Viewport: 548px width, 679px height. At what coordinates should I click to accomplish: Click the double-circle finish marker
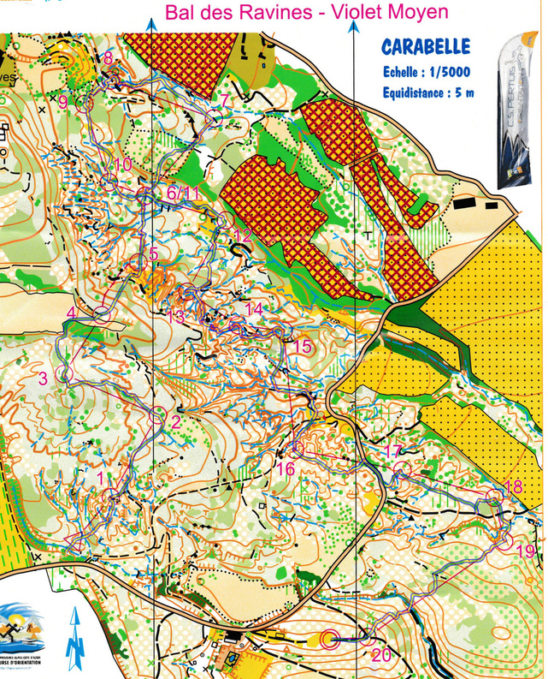click(x=332, y=637)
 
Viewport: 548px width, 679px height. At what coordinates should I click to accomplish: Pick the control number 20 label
click(x=381, y=655)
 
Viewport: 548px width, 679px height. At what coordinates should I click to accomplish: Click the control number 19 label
click(x=525, y=551)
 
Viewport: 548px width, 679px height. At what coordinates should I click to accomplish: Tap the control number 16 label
click(x=286, y=469)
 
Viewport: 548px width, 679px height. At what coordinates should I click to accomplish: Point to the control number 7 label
click(x=225, y=101)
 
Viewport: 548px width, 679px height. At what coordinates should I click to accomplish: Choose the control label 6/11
click(x=183, y=194)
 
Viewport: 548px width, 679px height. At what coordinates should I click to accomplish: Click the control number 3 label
click(x=42, y=378)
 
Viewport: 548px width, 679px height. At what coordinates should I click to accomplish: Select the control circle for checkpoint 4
click(x=102, y=313)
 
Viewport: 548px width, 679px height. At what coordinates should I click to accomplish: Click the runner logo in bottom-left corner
click(x=21, y=634)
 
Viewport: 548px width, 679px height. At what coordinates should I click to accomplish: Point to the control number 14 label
click(x=254, y=308)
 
